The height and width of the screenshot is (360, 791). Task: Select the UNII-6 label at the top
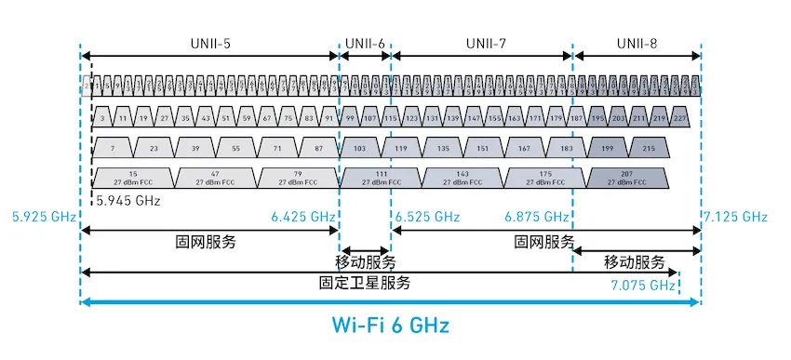(x=365, y=43)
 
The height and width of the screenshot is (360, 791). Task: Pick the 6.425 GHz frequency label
(x=302, y=218)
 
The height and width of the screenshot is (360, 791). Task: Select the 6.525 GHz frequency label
(x=428, y=218)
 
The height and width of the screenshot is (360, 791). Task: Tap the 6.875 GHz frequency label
(x=536, y=218)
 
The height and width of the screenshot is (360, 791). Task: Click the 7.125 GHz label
(x=736, y=218)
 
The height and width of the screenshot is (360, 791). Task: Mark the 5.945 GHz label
(x=127, y=199)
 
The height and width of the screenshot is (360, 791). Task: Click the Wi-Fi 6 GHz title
(x=391, y=326)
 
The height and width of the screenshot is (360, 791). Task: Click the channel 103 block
(x=360, y=148)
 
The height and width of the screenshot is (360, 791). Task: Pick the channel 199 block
(x=609, y=148)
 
